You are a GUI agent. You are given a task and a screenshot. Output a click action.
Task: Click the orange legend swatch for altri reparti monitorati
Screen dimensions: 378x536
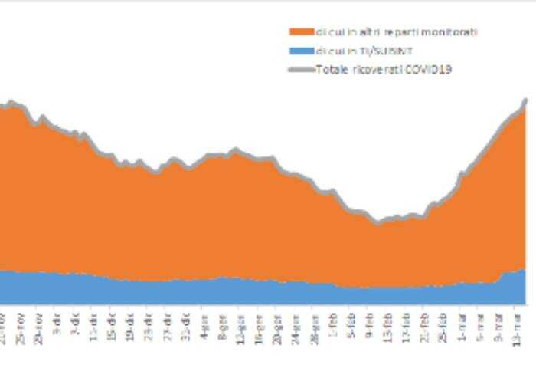(302, 32)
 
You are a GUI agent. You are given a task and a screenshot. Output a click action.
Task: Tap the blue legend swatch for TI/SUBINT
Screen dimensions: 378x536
(302, 51)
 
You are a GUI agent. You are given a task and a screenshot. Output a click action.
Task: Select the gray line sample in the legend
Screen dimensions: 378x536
(302, 70)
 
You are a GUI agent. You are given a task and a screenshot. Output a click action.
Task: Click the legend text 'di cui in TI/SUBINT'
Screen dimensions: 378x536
(354, 51)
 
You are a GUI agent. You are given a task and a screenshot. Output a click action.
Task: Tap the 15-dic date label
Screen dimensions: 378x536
(111, 326)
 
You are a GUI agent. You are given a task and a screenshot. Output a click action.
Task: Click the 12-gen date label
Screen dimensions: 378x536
(240, 326)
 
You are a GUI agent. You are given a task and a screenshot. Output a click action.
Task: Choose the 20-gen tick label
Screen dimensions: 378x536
(277, 326)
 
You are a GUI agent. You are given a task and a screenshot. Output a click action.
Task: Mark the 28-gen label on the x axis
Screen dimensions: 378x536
(315, 326)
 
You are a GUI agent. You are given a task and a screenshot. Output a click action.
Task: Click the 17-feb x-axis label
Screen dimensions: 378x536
(407, 326)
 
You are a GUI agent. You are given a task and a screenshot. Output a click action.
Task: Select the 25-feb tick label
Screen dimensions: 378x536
(443, 326)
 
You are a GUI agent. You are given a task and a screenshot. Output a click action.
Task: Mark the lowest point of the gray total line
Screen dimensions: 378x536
(377, 223)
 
